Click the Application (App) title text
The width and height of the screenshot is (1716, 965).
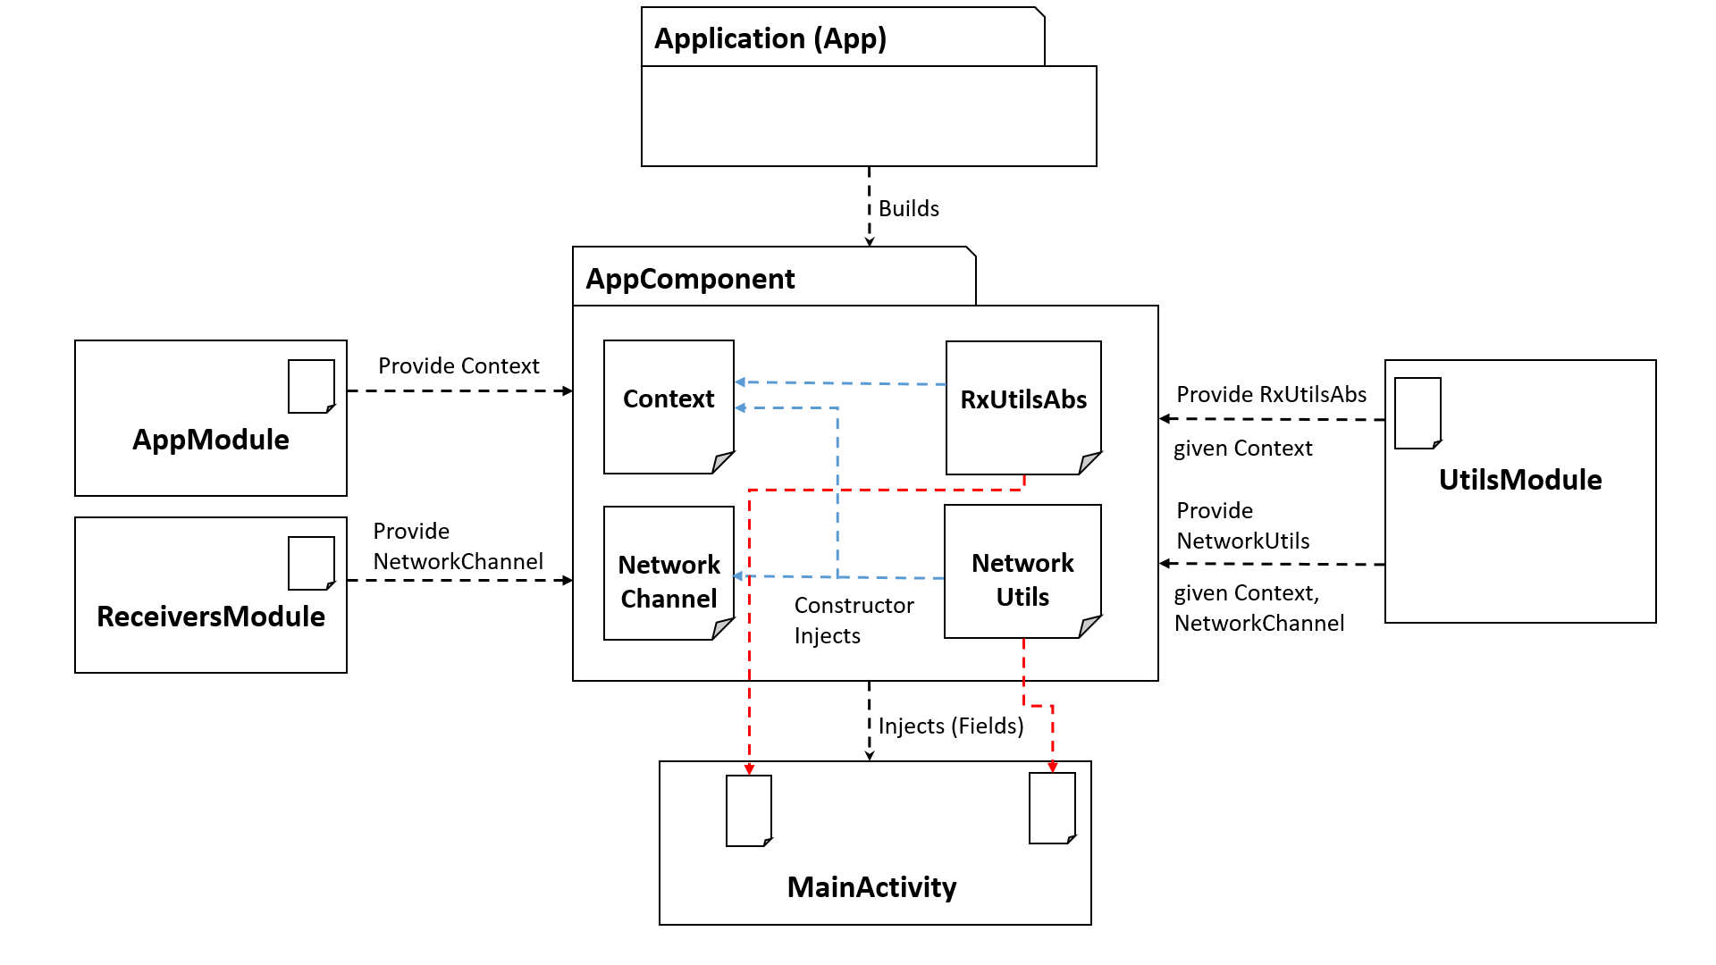coord(770,38)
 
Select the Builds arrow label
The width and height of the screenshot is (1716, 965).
coord(908,208)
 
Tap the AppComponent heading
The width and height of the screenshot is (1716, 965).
coord(690,279)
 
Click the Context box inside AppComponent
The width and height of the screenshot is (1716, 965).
coord(669,407)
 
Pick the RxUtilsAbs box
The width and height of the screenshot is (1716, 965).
coord(1023,407)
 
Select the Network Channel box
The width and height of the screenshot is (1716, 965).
coord(669,574)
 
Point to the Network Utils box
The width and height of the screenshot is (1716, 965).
coord(1022,572)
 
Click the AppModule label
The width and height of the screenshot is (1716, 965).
coord(211,440)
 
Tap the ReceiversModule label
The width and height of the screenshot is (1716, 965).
coord(211,617)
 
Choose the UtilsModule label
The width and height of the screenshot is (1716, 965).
coord(1519,480)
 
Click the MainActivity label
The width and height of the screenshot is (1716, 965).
coord(871,887)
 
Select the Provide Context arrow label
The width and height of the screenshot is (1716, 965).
coord(458,365)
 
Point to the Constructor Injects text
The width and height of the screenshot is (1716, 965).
coord(854,620)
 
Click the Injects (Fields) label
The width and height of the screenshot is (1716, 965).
coord(950,726)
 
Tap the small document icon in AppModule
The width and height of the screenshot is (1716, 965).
coord(311,386)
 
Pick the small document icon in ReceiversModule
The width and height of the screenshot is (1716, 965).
coord(311,563)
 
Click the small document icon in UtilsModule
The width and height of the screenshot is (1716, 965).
coord(1417,413)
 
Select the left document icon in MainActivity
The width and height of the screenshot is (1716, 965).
coord(749,810)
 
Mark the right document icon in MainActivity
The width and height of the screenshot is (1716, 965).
coord(1052,808)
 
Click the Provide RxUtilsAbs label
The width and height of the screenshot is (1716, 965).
coord(1271,394)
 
